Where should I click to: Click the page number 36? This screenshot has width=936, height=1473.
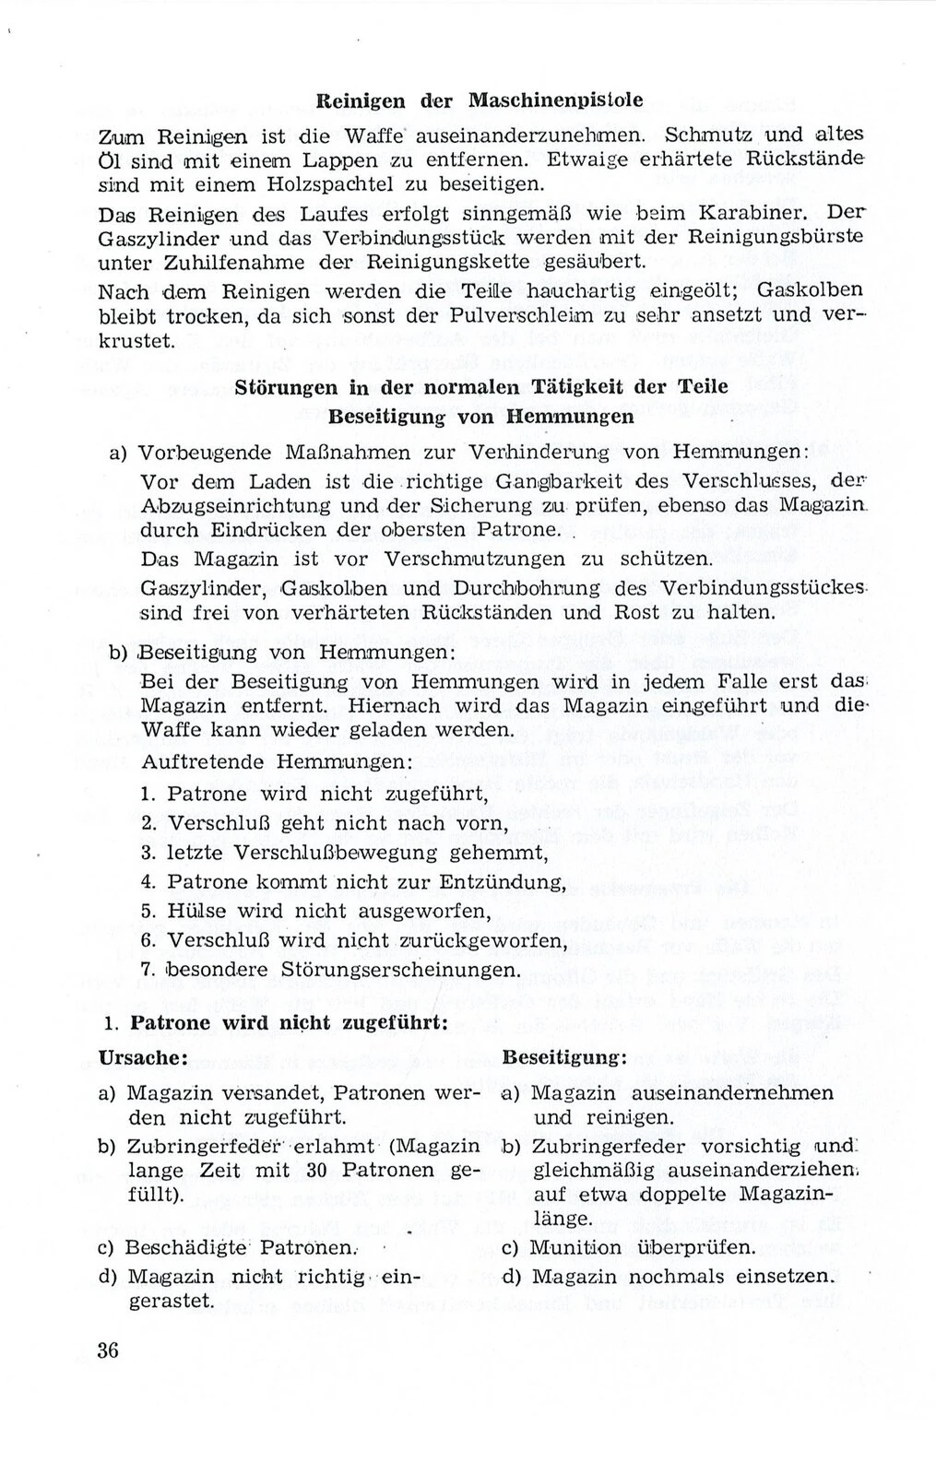pos(108,1350)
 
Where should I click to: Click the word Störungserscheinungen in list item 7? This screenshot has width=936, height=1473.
pos(389,971)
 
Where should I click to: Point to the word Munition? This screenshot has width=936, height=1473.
pos(575,1249)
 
